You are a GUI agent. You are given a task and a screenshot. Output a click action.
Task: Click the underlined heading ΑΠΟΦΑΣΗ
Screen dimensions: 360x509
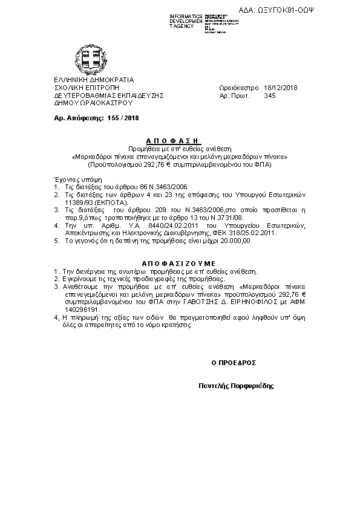[x=180, y=140]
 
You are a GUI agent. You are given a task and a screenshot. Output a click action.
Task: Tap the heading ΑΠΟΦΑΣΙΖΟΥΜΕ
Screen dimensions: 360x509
[x=179, y=264]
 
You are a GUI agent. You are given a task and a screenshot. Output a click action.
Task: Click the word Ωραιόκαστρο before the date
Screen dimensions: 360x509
[x=238, y=88]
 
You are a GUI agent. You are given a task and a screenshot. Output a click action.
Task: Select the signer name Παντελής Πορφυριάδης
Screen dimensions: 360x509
[x=236, y=385]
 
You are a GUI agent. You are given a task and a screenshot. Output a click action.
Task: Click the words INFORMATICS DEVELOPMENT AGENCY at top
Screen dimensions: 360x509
[x=186, y=21]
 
